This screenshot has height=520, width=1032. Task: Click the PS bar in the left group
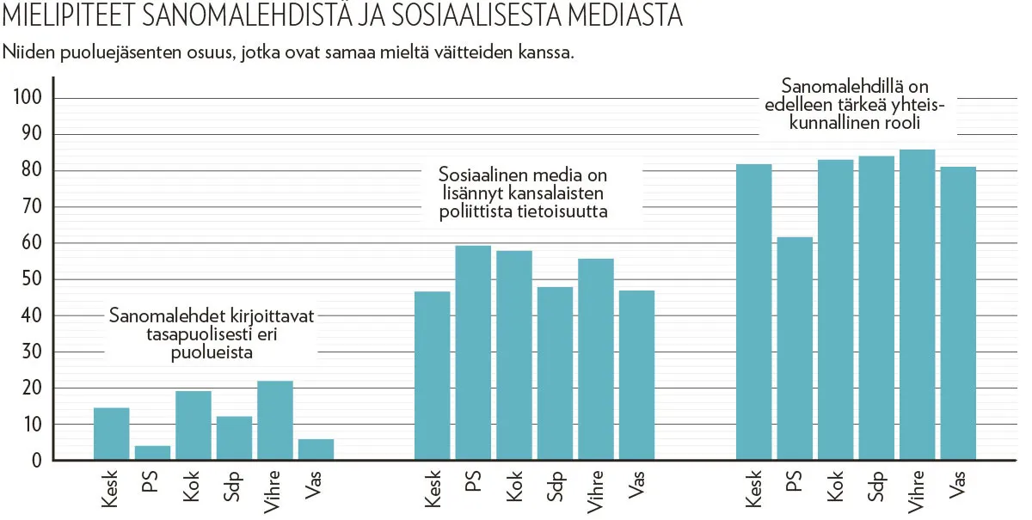(x=152, y=453)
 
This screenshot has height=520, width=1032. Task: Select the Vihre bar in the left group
(x=275, y=420)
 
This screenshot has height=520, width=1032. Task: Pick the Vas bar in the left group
(x=316, y=450)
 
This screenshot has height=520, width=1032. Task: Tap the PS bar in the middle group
(x=473, y=353)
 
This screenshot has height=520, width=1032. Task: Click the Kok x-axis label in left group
(x=192, y=486)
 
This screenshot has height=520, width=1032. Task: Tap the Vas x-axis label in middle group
(x=637, y=485)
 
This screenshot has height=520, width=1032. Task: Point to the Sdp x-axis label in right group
(x=876, y=486)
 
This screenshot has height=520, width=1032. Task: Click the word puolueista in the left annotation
(x=212, y=352)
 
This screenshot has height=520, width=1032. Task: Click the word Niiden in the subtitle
(x=28, y=52)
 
